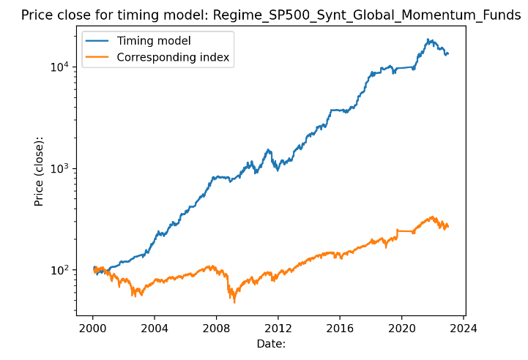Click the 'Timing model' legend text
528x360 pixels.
(x=154, y=41)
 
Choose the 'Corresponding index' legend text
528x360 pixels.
(x=174, y=57)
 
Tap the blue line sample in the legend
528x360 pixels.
(x=99, y=41)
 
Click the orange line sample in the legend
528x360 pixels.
(x=99, y=57)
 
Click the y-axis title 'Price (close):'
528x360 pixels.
(x=39, y=170)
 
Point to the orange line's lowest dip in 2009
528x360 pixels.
(x=234, y=301)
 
